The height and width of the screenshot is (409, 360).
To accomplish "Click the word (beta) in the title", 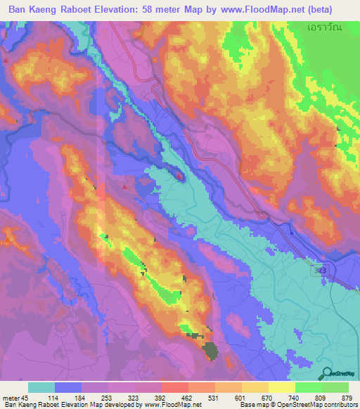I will click(x=335, y=10).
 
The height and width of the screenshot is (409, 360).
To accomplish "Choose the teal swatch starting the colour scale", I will click(x=41, y=387).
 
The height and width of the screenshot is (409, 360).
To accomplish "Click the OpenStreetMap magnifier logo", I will click(x=328, y=373).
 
